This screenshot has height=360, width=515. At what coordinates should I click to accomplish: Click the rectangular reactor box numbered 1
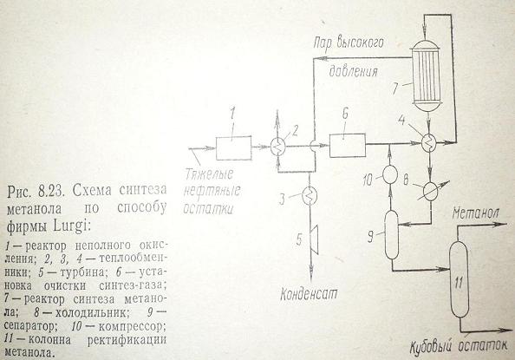coord(233,148)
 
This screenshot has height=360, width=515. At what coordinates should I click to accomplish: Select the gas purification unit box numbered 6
coord(348,146)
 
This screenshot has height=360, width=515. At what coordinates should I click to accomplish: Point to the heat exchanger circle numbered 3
coord(309,196)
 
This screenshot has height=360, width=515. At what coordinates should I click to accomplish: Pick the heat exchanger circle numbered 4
coord(428,143)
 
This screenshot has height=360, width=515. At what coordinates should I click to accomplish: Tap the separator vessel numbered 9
coord(392,234)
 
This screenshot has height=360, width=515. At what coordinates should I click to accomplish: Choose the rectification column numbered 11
coord(459,279)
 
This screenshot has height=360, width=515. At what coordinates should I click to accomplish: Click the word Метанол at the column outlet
coord(475,214)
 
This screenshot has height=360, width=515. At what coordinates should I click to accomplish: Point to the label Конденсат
coord(309,293)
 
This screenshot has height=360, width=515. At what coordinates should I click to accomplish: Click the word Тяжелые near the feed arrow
coord(209,173)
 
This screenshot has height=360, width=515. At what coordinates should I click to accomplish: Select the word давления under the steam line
coord(354,71)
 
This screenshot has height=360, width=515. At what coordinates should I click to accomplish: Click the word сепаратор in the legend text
coord(30,326)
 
